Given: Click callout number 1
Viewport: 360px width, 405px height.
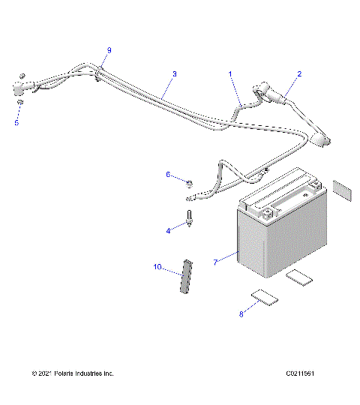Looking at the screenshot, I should [230, 74].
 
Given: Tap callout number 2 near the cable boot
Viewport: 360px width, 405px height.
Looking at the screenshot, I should [299, 74].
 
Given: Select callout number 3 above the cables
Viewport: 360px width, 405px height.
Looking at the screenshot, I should [174, 74].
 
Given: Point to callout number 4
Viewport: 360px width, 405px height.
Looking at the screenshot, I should [168, 231].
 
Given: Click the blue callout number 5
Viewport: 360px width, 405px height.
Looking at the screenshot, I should [17, 122].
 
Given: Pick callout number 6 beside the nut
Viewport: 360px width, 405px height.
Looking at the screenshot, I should [169, 175].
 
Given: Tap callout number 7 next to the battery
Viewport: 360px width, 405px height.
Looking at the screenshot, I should [215, 262].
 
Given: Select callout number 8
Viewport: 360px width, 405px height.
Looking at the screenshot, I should [241, 314].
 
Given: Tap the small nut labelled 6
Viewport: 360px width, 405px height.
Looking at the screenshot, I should [190, 182].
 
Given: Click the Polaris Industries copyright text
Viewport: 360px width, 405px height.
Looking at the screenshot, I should [73, 373].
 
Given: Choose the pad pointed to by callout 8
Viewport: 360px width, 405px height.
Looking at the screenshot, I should [264, 298].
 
